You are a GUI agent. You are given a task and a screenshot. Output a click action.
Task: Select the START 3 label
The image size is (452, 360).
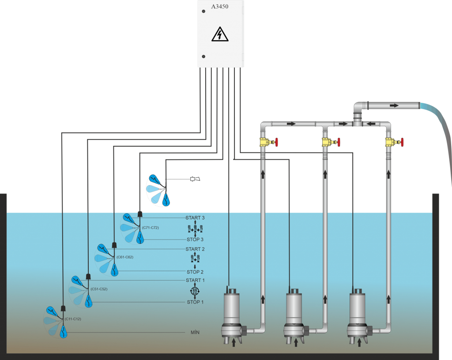coord(195,218)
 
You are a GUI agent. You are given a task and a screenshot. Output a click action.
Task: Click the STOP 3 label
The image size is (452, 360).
coord(195,239)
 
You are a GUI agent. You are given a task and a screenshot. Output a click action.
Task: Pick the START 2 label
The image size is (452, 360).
coord(195,249)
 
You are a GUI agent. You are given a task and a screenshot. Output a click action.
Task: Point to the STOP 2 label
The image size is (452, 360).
coord(195,272)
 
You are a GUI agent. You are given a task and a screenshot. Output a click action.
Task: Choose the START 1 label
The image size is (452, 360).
coord(195,280)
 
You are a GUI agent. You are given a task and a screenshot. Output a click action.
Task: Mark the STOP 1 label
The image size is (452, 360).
coord(195,302)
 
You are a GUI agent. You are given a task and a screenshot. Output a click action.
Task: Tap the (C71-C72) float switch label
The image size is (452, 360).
coord(150,227)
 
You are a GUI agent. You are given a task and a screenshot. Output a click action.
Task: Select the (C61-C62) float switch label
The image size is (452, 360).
coord(124,257)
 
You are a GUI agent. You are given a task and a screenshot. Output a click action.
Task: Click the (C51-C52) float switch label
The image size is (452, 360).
coord(99,289)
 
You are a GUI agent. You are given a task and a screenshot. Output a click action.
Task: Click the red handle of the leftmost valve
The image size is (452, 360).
coord(276,142)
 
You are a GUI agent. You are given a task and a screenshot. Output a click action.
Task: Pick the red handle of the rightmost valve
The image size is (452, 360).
coord(402,142)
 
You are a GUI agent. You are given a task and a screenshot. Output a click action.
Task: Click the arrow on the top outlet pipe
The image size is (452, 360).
coord(394,106)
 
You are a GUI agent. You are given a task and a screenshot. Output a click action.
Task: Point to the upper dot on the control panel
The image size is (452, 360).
coord(203,11)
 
